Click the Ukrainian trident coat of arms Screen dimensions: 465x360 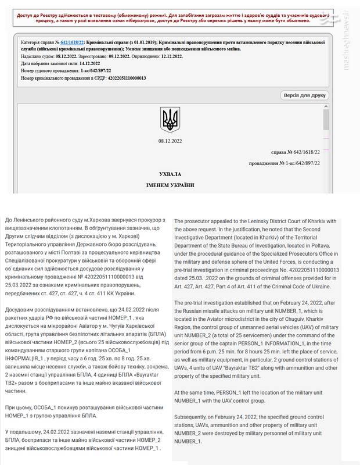pos(170,119)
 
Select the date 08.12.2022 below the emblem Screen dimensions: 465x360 pos(170,141)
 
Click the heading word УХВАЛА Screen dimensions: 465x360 pos(170,174)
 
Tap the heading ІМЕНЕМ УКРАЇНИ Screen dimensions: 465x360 pos(170,185)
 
